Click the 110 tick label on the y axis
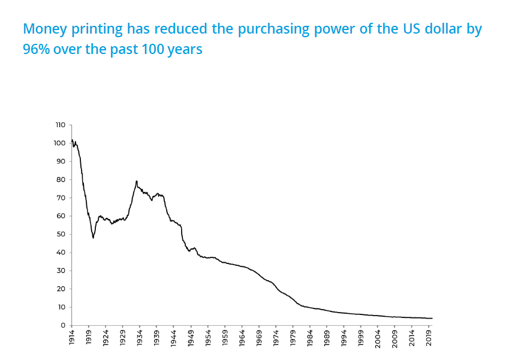[x=59, y=125]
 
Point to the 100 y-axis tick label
[x=59, y=143]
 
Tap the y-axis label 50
[x=61, y=234]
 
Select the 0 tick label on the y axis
[x=62, y=325]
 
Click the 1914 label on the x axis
[x=71, y=336]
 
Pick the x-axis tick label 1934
[x=140, y=336]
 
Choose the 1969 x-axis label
[x=259, y=336]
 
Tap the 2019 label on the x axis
[x=429, y=336]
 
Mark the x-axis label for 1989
[x=327, y=336]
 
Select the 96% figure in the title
[x=35, y=49]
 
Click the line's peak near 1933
[x=137, y=181]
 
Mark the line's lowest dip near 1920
[x=93, y=238]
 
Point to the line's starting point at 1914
[x=72, y=140]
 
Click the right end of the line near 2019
[x=432, y=318]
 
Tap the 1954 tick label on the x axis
[x=208, y=336]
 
